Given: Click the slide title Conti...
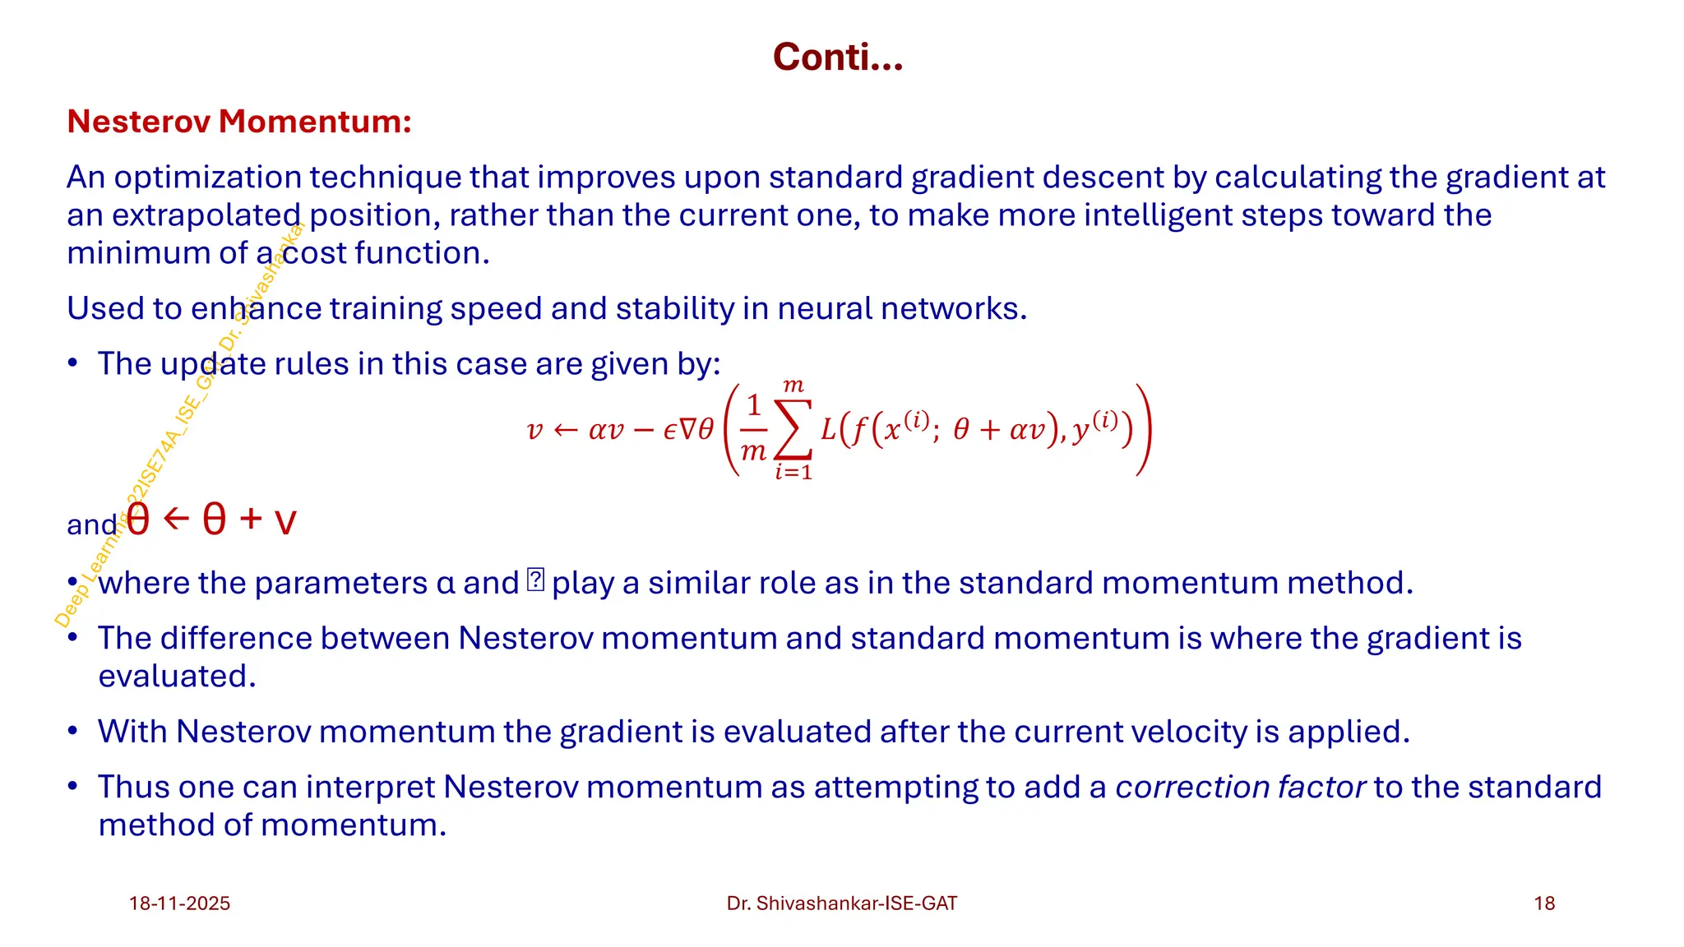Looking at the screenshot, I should (x=837, y=58).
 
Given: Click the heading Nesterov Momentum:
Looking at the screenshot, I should (x=238, y=122).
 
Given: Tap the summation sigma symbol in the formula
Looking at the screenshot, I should (x=793, y=430).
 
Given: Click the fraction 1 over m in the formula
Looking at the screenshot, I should (x=753, y=428).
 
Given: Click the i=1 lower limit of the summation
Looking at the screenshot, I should (x=793, y=473).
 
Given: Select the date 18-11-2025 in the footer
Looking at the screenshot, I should (x=179, y=903).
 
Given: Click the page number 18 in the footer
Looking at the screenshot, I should (x=1544, y=903).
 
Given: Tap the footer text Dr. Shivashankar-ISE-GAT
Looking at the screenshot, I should (x=841, y=903).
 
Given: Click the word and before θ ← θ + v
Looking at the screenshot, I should (x=92, y=524).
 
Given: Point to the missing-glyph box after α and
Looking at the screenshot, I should (x=535, y=580).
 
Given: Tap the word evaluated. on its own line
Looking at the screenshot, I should (x=177, y=677).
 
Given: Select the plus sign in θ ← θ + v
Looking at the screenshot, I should (x=251, y=519).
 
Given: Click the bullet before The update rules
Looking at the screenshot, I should (x=73, y=363).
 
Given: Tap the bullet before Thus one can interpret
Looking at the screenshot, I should (x=73, y=787).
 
